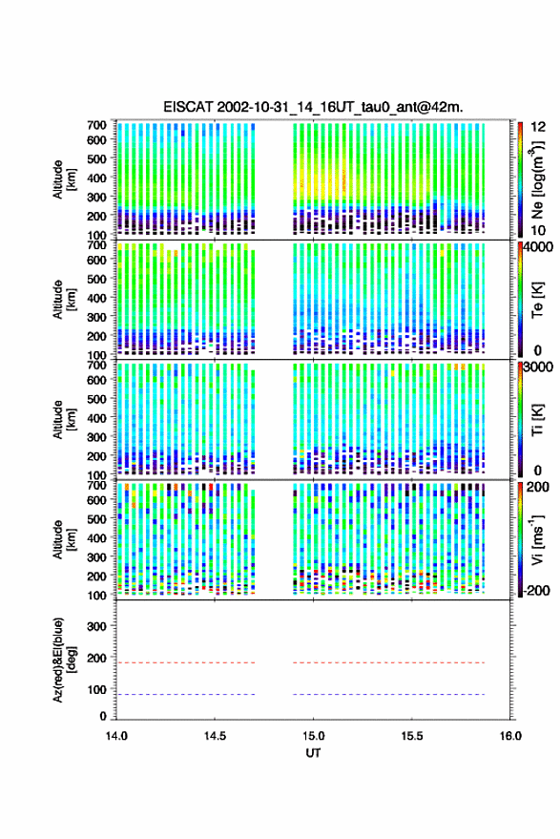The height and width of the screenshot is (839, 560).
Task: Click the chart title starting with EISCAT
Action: point(313,107)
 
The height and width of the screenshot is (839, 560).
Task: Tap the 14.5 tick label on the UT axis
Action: point(215,736)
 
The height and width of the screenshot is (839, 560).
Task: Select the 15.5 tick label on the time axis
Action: point(411,736)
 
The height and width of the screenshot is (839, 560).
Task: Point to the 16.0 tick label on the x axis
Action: point(510,736)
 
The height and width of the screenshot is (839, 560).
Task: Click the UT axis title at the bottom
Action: point(313,753)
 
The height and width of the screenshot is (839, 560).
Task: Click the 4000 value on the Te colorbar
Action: point(538,247)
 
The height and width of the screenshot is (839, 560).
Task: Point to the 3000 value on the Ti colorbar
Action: point(538,367)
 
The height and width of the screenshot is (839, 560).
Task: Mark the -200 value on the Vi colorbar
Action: point(534,590)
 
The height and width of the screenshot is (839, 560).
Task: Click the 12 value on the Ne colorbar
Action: point(539,127)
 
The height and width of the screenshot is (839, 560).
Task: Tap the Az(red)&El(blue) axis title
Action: point(63,660)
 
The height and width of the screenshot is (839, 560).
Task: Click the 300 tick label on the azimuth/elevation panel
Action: point(96,626)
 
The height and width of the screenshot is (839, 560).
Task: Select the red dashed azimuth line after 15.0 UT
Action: point(389,662)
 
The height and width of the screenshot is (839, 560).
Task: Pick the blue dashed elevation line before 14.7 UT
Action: point(186,695)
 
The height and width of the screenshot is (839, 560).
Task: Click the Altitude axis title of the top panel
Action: point(63,179)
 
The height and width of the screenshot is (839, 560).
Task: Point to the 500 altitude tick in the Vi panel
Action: point(96,518)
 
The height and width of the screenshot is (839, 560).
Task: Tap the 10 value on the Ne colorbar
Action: point(539,230)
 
